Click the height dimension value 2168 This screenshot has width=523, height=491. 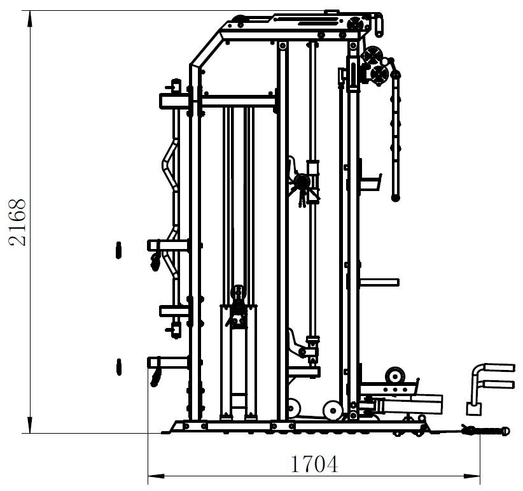[17, 222]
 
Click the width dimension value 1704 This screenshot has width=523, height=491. [314, 464]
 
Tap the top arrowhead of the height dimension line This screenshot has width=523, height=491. [30, 18]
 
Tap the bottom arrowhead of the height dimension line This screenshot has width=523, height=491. [30, 425]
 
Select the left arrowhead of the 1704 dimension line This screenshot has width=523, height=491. [156, 476]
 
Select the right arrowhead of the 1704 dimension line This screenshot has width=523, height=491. [471, 476]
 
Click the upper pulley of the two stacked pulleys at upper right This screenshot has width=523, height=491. [372, 55]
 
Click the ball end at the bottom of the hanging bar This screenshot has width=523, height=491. [396, 198]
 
